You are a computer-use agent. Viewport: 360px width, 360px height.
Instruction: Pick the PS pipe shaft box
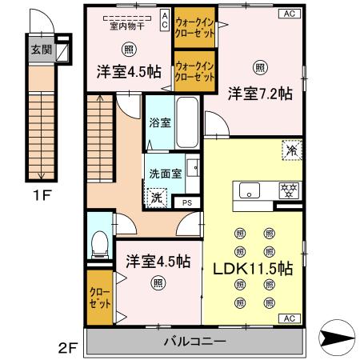click(186, 203)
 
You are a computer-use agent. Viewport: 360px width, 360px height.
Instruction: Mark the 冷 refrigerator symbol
click(291, 150)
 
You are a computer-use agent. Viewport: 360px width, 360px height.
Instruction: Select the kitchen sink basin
click(249, 190)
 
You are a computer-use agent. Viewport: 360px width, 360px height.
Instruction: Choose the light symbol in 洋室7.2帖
click(258, 66)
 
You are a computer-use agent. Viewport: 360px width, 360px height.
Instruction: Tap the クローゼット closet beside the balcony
click(101, 298)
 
